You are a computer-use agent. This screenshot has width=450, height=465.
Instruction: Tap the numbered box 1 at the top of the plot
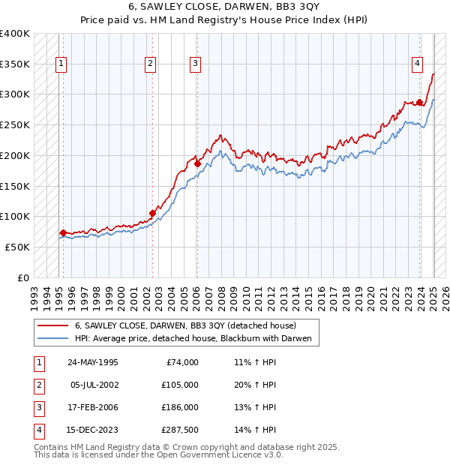point(61,64)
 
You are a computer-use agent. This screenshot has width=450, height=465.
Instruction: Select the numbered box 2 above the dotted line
point(150,64)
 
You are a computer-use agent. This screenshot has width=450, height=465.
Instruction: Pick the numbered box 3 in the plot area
point(194,64)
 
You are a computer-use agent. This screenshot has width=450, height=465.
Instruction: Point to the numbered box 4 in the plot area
point(416,64)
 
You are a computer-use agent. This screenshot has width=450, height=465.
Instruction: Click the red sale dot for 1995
point(63,232)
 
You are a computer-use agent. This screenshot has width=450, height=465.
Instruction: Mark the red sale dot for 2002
point(152,213)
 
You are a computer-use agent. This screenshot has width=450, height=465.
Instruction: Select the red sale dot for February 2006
point(197,163)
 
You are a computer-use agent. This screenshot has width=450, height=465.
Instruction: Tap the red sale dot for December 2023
point(419,102)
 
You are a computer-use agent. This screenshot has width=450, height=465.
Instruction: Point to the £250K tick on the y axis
point(15,124)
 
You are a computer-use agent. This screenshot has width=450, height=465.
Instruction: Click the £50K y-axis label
point(18,247)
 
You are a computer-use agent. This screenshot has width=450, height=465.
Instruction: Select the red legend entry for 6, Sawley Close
point(186,325)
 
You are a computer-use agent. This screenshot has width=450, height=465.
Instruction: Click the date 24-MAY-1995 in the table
point(92,362)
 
